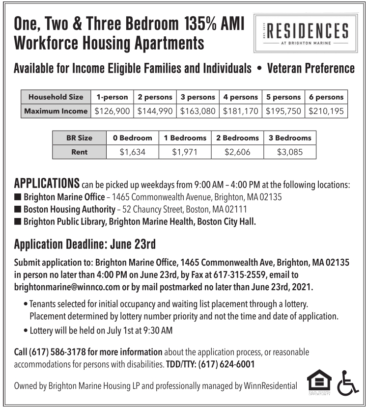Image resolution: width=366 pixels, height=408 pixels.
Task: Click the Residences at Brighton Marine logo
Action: tap(303, 33)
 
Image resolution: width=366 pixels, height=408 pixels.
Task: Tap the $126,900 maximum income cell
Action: tap(112, 111)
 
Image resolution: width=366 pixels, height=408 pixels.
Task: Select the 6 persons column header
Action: tap(326, 97)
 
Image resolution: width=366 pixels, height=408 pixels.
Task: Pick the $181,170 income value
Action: tap(241, 111)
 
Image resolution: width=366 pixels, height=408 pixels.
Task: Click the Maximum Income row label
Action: tap(56, 111)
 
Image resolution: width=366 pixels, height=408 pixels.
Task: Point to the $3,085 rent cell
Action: tap(290, 152)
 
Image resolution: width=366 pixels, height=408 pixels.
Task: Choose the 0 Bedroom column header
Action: tap(133, 138)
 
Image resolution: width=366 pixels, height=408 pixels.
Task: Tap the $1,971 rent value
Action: tap(185, 152)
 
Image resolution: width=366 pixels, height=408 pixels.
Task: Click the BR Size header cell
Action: tap(79, 138)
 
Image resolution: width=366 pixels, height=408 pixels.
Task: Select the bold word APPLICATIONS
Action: tap(47, 185)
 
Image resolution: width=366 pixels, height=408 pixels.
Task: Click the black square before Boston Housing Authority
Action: tap(18, 210)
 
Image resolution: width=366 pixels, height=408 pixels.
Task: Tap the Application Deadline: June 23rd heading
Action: tap(85, 244)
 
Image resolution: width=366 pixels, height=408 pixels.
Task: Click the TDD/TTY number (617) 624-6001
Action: tap(226, 364)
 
